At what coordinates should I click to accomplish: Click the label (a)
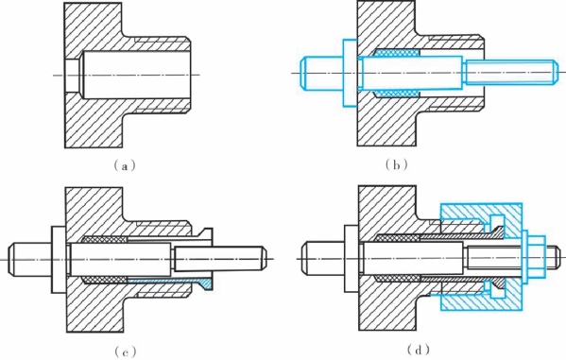click(125, 166)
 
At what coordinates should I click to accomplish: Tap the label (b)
click(396, 165)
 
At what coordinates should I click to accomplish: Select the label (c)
click(125, 351)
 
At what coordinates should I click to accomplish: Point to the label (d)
click(418, 350)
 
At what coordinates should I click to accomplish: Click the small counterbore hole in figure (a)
click(72, 75)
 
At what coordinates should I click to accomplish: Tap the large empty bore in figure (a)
click(136, 75)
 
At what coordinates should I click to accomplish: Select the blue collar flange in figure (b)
click(350, 73)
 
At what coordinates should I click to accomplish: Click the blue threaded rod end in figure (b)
click(512, 73)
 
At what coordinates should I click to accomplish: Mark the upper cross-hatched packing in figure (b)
click(397, 53)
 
